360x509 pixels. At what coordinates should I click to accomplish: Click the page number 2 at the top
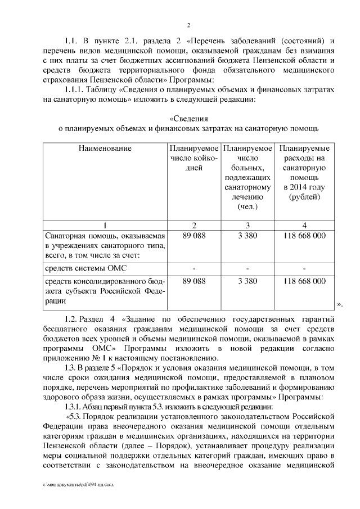point(189,25)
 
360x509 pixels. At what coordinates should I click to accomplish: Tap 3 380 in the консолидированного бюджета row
point(247,280)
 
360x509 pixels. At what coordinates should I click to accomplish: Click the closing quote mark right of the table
point(339,304)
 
